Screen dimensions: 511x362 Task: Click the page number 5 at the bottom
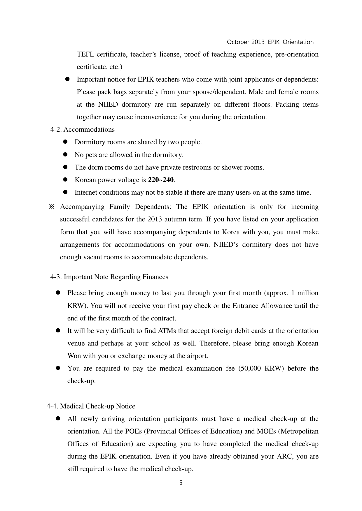tap(181, 483)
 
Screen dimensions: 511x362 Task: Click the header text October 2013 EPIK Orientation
tap(270, 42)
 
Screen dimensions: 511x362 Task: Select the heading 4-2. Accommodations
tap(83, 129)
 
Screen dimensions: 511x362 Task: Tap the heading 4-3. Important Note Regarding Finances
tap(109, 277)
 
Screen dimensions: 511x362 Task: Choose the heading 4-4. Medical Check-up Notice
tap(91, 406)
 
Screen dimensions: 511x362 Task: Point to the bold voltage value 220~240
tap(161, 180)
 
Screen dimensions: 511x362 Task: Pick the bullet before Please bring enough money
tap(58, 293)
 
